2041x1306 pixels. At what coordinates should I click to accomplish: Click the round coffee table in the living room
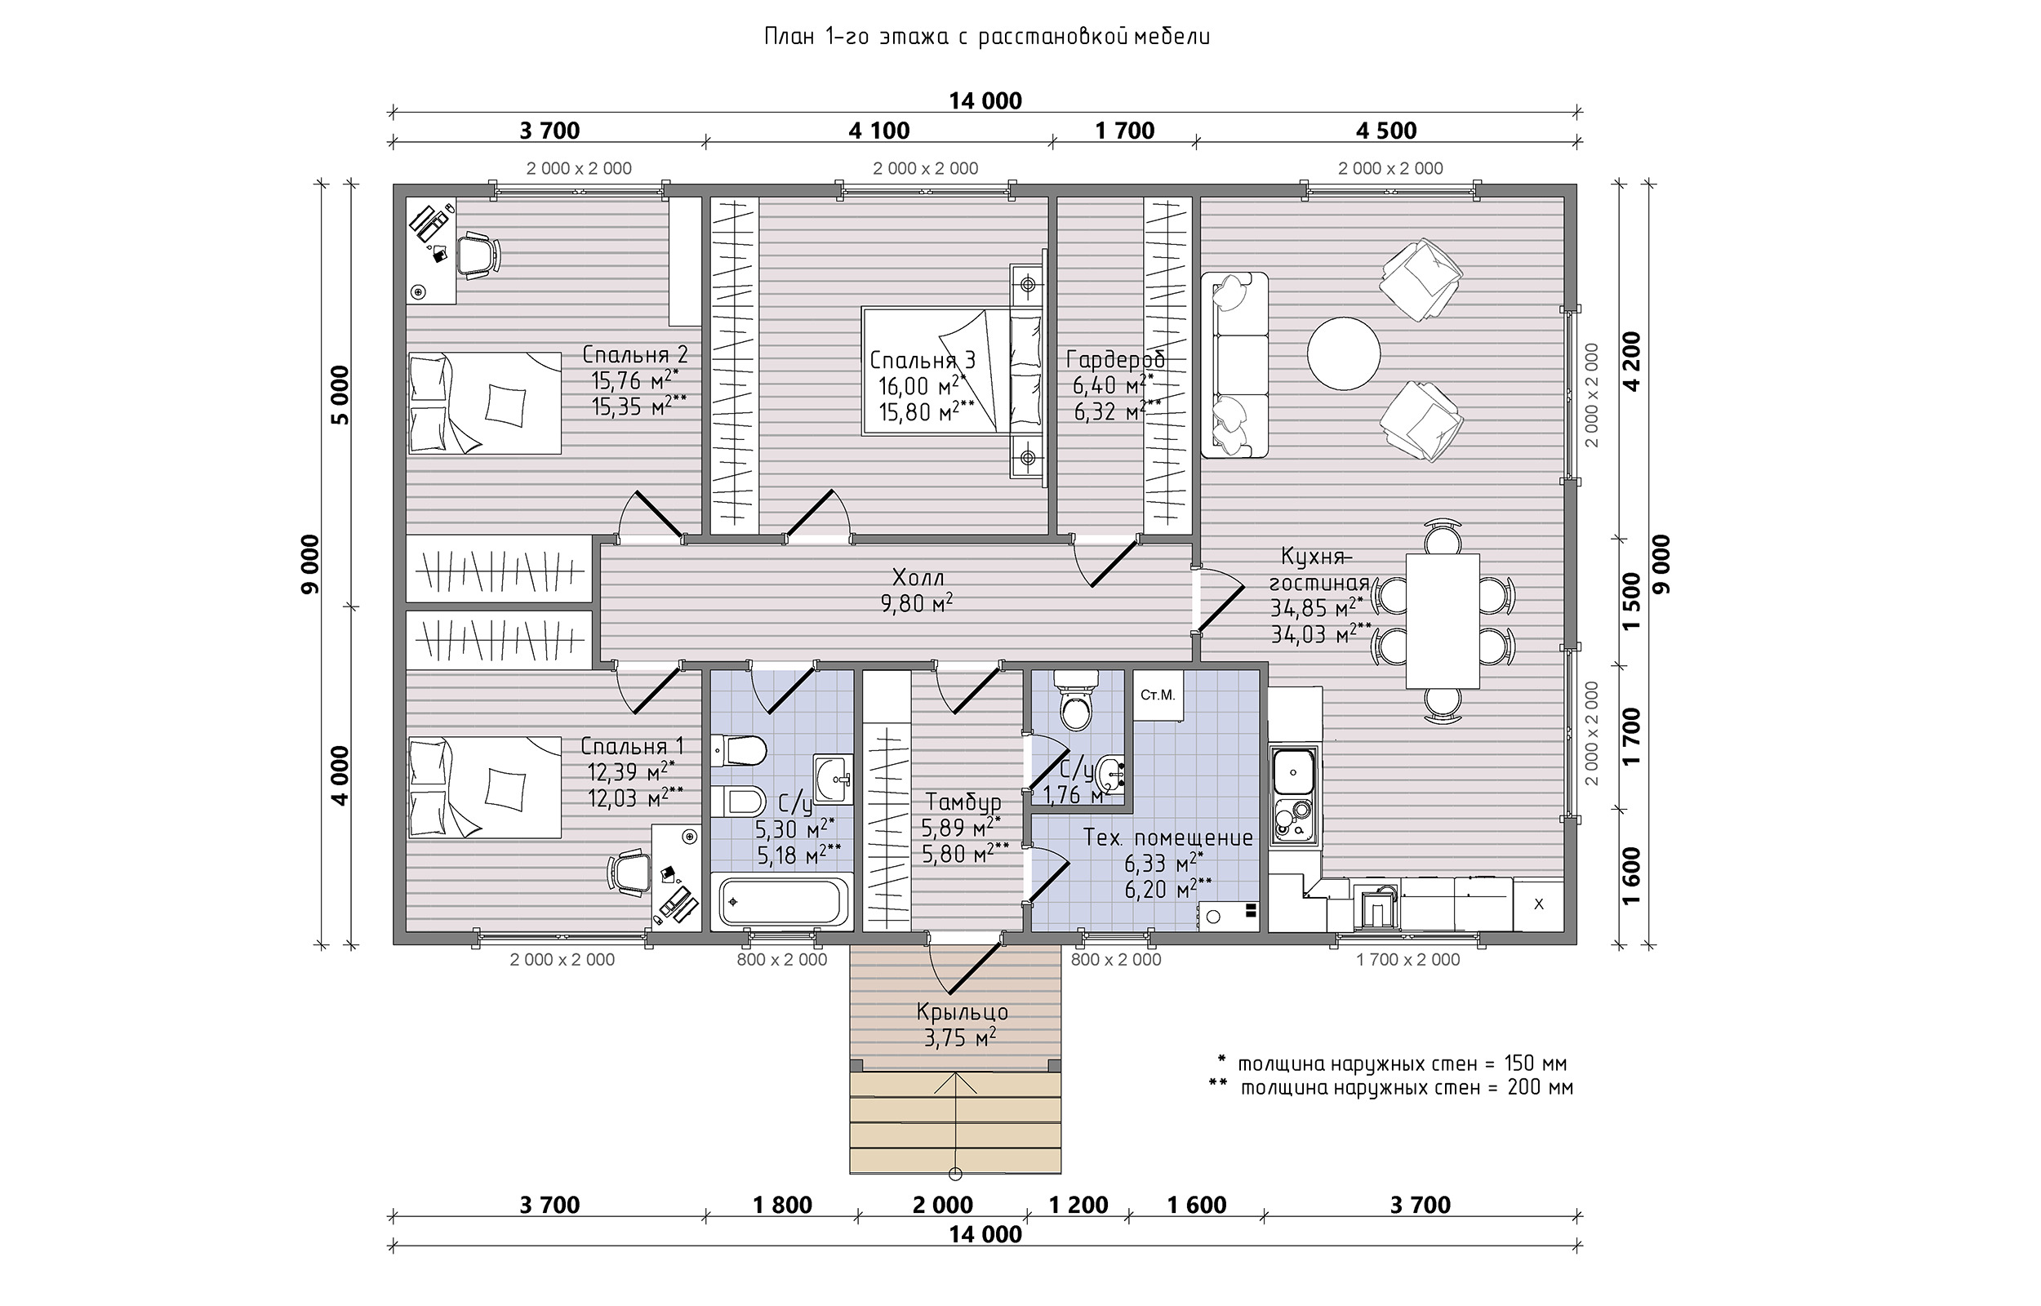(1343, 353)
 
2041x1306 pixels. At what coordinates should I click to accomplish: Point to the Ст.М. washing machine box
(1158, 695)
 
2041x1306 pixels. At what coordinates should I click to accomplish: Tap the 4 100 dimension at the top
(878, 131)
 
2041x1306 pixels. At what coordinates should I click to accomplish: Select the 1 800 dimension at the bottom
(781, 1205)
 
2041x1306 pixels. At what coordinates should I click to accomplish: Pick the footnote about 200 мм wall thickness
(1390, 1087)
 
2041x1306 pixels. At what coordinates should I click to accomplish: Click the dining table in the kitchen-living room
(1443, 621)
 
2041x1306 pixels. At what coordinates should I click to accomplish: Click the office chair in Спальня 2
(478, 255)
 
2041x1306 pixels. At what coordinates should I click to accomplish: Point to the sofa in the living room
(1234, 365)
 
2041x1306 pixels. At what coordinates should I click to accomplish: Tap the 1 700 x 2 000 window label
(1408, 960)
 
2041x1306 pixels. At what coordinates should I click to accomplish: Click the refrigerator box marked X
(1539, 904)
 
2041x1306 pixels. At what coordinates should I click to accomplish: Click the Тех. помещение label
(1168, 837)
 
